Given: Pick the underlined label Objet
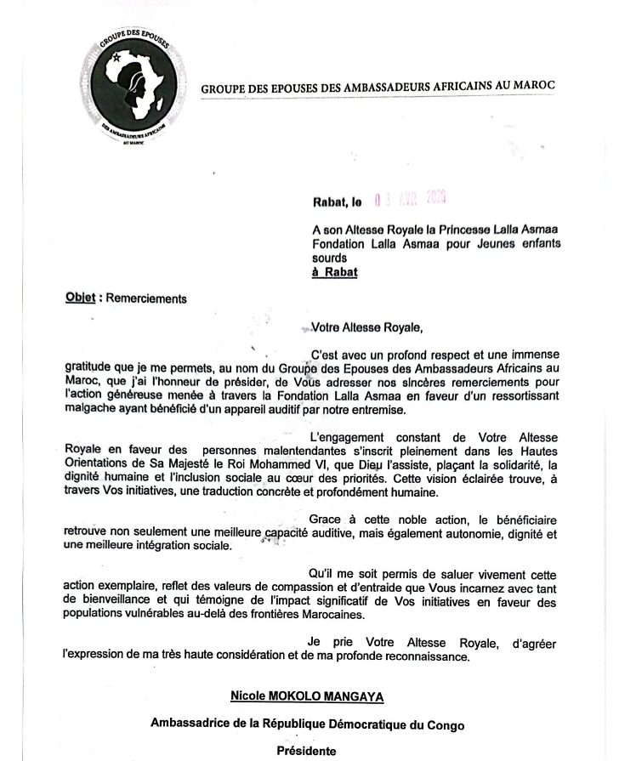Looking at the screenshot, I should (x=82, y=298).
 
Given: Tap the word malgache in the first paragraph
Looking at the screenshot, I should (x=91, y=410).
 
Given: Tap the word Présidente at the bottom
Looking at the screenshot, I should (x=307, y=751).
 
